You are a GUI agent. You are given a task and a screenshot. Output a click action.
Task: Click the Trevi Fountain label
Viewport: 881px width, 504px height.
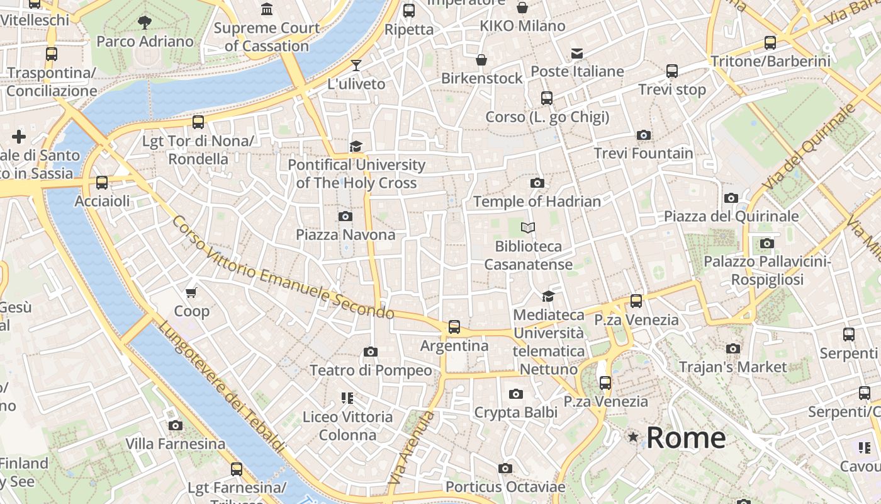[643, 153]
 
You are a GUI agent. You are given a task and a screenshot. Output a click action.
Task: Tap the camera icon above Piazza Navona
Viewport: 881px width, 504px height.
[345, 217]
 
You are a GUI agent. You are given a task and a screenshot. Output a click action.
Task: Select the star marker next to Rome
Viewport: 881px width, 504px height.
[632, 437]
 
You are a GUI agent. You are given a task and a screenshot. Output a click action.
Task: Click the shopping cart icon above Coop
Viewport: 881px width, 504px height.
[191, 292]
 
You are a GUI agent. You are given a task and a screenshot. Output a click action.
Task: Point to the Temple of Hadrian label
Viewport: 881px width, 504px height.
[537, 202]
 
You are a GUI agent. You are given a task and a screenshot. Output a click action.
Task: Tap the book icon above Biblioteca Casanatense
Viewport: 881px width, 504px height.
[528, 227]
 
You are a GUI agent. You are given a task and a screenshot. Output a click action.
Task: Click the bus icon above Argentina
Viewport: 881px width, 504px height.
[454, 327]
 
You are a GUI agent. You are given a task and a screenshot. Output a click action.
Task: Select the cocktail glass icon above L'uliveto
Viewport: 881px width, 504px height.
[356, 66]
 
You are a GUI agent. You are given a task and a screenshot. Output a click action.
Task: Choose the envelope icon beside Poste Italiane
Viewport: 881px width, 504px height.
[577, 54]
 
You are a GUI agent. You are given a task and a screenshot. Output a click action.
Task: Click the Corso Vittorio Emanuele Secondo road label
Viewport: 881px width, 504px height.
[283, 268]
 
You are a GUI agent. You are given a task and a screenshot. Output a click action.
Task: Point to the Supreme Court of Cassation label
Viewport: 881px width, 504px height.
[267, 37]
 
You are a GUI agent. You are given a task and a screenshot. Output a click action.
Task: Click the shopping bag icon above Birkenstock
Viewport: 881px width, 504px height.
[481, 60]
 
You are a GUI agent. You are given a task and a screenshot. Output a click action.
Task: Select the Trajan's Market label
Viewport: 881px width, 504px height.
[732, 367]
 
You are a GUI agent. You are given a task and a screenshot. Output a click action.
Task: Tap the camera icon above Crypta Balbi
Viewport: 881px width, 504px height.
[515, 394]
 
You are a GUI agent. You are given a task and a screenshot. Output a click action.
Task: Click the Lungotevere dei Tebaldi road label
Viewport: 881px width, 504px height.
[220, 387]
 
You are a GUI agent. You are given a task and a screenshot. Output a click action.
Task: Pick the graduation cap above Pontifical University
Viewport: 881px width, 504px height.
[356, 147]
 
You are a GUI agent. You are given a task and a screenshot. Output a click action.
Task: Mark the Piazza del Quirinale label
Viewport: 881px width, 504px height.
[731, 216]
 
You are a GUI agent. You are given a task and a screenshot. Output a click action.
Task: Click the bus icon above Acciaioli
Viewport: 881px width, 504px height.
[102, 183]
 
